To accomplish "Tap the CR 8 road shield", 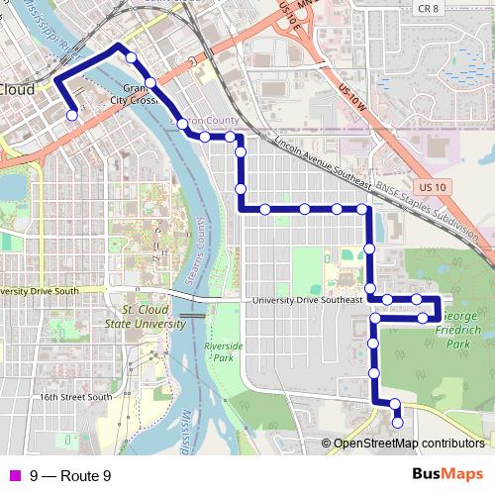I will coord(428,8).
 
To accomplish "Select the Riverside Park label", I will coord(217,351).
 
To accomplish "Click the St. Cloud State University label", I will coord(145,317).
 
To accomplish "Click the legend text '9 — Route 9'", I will coord(70,476).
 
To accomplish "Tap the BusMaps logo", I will coord(446,475).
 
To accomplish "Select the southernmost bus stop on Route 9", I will coord(398,423).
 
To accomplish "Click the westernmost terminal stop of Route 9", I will coord(72,116).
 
